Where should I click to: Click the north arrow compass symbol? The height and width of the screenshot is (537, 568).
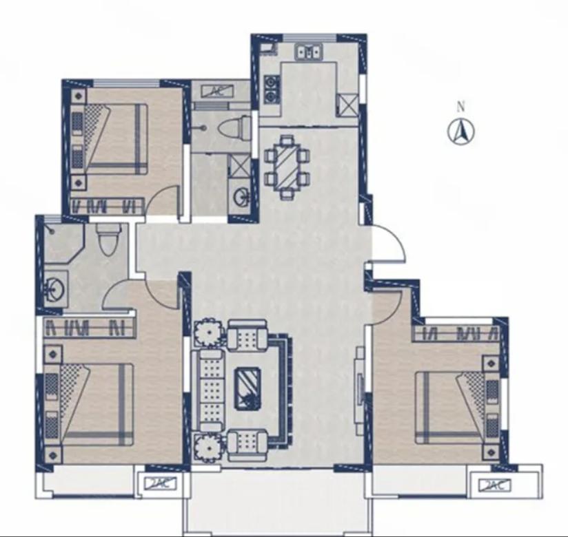tap(461, 131)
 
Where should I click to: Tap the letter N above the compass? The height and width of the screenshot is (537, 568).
tap(460, 107)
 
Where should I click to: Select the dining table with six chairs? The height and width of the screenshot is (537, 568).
tap(287, 167)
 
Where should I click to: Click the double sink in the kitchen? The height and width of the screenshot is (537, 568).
tap(309, 51)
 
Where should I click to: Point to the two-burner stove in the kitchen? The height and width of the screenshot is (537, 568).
tap(271, 89)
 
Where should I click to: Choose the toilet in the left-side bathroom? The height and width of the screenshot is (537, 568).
tap(109, 239)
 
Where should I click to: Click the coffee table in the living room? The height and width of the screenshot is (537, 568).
tap(247, 389)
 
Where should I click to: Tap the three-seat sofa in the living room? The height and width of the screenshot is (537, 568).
tap(209, 391)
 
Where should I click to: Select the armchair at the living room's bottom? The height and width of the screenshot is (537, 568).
tap(248, 445)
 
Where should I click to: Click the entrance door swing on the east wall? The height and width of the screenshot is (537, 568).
tap(387, 242)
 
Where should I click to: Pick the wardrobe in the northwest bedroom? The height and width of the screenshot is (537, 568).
tap(108, 206)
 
